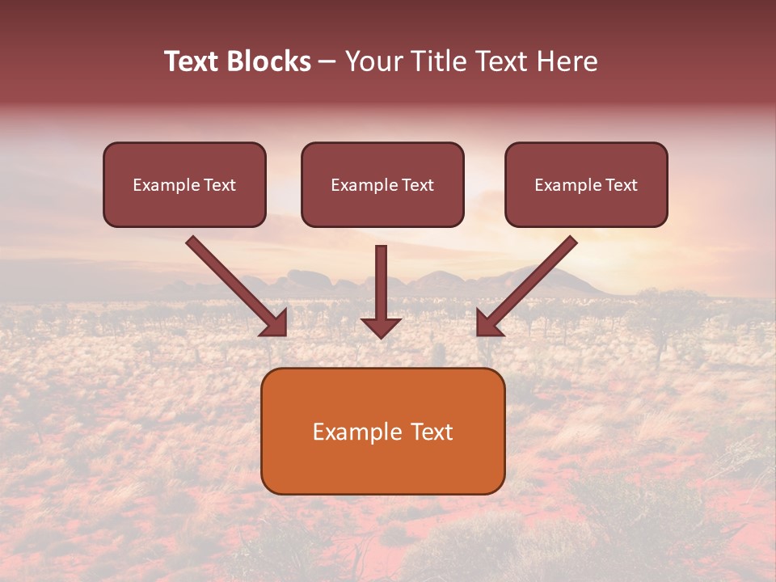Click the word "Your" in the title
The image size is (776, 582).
(x=373, y=61)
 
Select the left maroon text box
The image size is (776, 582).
(x=184, y=185)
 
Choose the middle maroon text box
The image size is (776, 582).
(x=382, y=185)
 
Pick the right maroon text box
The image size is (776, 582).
(x=586, y=185)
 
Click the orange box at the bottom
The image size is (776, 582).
(x=382, y=431)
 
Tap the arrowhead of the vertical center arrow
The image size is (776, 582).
(x=381, y=327)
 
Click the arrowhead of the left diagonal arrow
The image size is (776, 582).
(x=276, y=323)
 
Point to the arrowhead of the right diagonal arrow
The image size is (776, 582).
(x=488, y=323)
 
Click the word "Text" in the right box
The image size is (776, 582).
(x=621, y=185)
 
